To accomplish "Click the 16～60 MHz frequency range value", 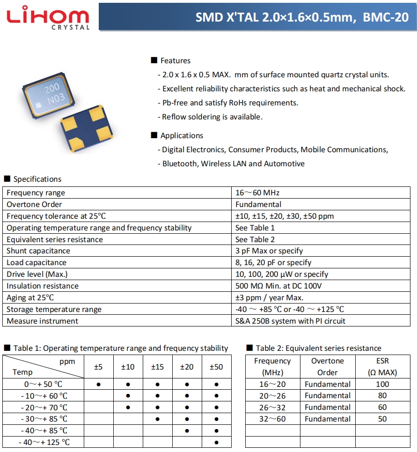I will click(x=257, y=193).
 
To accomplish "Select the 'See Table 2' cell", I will click(x=255, y=239).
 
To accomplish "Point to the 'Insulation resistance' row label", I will click(x=43, y=286).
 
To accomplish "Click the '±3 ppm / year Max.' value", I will click(x=269, y=297).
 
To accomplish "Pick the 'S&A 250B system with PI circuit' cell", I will click(x=290, y=321).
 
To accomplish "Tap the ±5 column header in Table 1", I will click(x=98, y=367).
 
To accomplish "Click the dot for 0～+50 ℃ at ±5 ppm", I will click(x=98, y=384).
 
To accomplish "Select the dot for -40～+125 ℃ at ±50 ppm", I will click(x=216, y=442).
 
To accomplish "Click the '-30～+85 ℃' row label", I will click(x=44, y=419).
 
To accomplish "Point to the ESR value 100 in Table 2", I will click(x=382, y=384).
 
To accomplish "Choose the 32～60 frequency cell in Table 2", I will click(x=272, y=419).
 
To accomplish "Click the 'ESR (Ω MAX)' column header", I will click(x=382, y=367).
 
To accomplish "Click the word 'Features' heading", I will click(x=175, y=60).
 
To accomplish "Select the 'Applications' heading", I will click(x=182, y=135).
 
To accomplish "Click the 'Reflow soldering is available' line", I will click(x=212, y=117).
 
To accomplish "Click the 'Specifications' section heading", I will click(x=37, y=179).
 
